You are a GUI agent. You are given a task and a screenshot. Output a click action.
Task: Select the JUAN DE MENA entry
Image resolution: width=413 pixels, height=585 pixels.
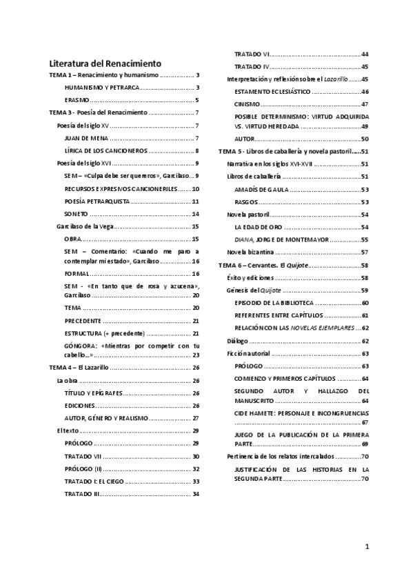[84, 138]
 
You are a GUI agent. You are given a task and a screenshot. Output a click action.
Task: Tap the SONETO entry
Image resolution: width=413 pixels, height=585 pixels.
[76, 214]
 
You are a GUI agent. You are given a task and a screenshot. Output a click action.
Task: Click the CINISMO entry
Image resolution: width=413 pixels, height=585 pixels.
[247, 104]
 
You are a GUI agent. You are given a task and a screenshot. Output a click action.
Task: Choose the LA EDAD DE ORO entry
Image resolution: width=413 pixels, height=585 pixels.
[256, 227]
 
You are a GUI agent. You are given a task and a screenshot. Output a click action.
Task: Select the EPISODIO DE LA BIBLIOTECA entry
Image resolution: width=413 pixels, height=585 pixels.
[274, 303]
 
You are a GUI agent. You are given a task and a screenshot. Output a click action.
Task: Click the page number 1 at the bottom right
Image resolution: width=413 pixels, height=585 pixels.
[367, 547]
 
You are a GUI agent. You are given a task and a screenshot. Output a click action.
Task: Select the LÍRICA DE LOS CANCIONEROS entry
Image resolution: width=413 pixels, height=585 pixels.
[105, 150]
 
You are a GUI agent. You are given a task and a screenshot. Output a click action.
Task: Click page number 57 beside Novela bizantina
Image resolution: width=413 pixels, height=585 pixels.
[365, 252]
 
